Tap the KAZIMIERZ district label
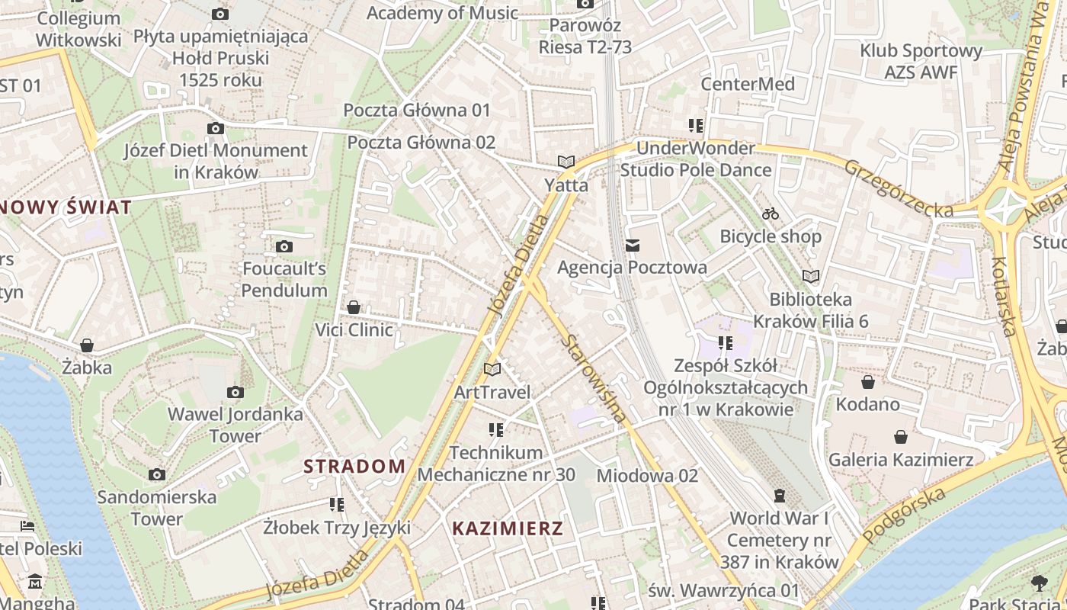(508, 528)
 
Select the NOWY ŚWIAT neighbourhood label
(66, 207)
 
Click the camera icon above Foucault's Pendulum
(284, 246)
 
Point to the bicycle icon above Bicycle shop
(771, 213)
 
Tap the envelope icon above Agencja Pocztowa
(632, 246)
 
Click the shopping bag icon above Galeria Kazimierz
(901, 437)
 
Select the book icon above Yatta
(566, 162)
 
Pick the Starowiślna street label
(594, 378)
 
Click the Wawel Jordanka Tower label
(235, 425)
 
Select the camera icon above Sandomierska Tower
(157, 474)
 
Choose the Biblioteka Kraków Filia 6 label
(810, 310)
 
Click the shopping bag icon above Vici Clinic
(354, 307)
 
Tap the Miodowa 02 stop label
(647, 476)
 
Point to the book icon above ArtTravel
(492, 369)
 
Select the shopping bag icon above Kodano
(867, 381)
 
